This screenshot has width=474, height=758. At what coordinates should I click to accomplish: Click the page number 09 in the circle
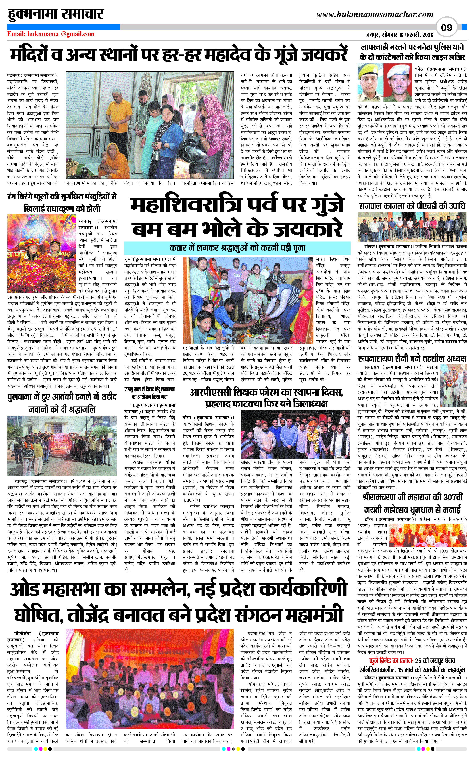pyautogui.click(x=446, y=28)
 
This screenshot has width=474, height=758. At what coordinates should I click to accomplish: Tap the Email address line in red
pyautogui.click(x=51, y=34)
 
